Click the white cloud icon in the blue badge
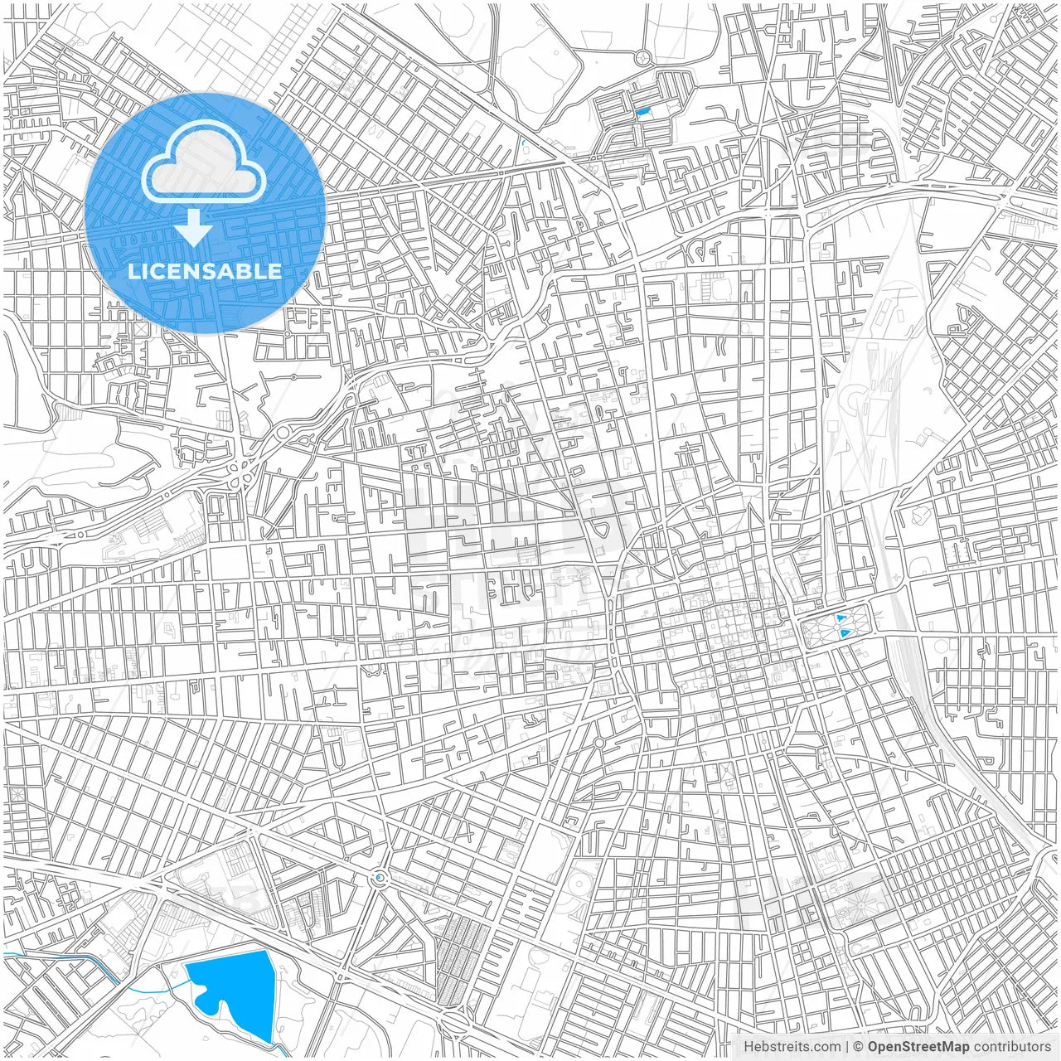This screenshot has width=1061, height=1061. click(203, 161)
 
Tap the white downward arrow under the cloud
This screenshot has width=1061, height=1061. click(194, 228)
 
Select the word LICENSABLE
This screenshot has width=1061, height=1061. click(204, 271)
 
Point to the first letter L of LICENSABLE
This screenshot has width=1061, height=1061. click(133, 271)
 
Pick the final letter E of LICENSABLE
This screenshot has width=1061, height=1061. click(275, 271)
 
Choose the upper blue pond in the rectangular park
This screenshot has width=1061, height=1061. click(842, 618)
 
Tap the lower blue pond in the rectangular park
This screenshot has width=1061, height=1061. click(845, 633)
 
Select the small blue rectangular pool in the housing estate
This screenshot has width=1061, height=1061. click(642, 111)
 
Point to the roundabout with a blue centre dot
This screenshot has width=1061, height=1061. click(380, 877)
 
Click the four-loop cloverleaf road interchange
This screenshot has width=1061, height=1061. click(241, 473)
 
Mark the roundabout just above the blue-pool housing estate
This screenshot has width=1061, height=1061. click(642, 57)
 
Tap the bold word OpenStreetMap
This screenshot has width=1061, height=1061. click(918, 1047)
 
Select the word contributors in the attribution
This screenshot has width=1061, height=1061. click(1012, 1047)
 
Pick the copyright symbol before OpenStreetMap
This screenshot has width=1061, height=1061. click(859, 1047)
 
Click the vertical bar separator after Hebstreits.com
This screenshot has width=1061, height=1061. click(846, 1047)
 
